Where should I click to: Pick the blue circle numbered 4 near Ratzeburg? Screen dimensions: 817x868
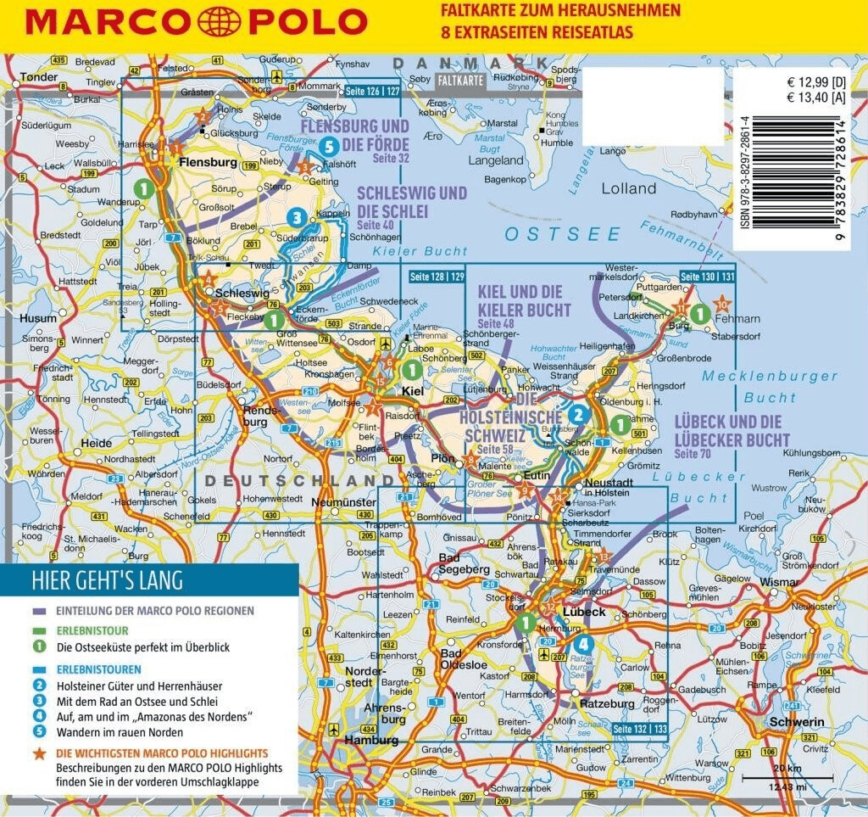584,643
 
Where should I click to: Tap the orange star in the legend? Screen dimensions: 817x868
38,753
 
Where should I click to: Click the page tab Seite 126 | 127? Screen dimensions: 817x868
374,90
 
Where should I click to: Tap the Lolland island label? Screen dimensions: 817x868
628,188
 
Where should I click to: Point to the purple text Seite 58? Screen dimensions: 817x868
495,450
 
